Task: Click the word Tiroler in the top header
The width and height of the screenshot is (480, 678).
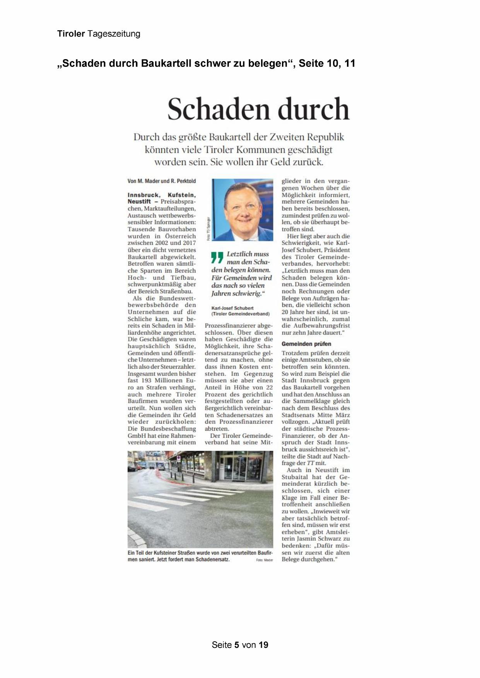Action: coord(71,34)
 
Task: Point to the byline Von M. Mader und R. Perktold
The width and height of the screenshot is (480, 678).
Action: coord(162,181)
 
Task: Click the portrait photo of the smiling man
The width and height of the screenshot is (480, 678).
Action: coord(243,210)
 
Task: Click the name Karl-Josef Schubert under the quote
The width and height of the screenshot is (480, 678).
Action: coord(232,308)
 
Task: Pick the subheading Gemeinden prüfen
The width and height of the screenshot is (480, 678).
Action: coord(306,344)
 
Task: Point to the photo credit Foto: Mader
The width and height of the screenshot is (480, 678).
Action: coord(265,560)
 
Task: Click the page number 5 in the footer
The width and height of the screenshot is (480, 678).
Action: coord(236,645)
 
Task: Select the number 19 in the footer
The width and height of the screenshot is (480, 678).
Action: coord(263,645)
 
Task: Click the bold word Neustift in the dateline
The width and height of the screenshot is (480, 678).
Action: coord(139,201)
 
